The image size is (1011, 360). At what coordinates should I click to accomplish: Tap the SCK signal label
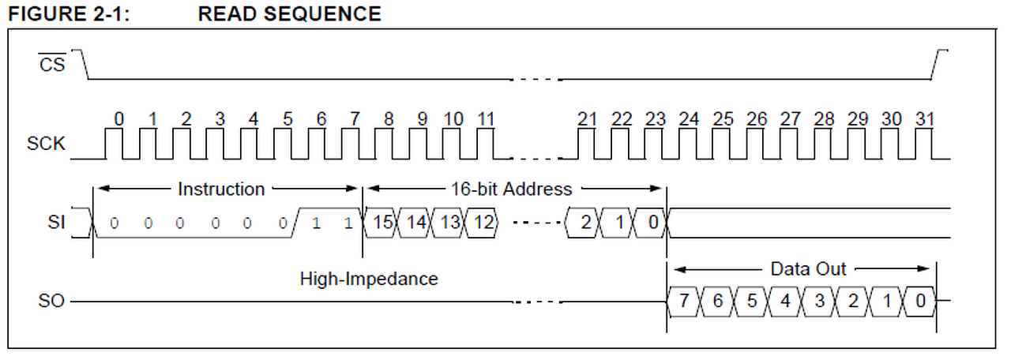click(x=46, y=144)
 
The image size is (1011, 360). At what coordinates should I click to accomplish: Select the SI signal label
click(x=56, y=222)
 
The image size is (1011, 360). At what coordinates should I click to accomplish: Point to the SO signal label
click(x=51, y=301)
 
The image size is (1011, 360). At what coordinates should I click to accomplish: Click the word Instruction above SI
click(x=221, y=189)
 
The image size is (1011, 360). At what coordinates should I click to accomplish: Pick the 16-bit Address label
click(x=511, y=189)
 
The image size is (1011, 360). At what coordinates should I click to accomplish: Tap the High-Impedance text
click(x=369, y=279)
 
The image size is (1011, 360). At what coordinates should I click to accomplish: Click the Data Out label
click(x=808, y=269)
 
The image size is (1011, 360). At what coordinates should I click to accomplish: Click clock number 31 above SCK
click(x=924, y=119)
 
